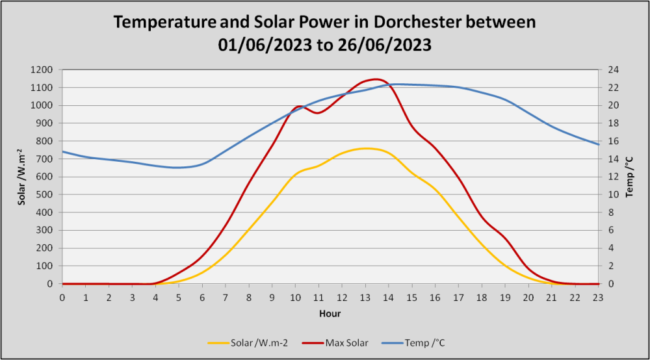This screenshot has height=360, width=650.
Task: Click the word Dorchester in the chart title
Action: click(x=417, y=22)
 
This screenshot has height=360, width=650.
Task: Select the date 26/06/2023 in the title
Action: click(x=384, y=45)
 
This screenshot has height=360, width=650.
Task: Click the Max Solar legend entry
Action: click(x=335, y=343)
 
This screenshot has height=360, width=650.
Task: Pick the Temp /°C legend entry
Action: click(x=413, y=343)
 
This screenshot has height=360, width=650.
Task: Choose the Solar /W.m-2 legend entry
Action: click(x=248, y=343)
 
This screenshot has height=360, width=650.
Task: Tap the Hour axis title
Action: click(x=330, y=314)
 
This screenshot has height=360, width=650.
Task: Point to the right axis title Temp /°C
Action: click(x=630, y=177)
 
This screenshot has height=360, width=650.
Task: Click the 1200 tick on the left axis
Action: click(x=42, y=70)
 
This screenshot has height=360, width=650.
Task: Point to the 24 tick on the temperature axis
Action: click(x=614, y=70)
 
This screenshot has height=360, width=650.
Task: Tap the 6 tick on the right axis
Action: click(x=611, y=230)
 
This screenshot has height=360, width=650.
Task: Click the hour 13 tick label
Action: click(x=365, y=298)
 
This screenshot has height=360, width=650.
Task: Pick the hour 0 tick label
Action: click(x=62, y=298)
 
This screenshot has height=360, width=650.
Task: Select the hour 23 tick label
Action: click(x=598, y=298)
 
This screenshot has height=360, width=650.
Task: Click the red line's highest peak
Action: click(x=376, y=79)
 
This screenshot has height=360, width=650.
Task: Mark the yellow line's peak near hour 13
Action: click(x=366, y=148)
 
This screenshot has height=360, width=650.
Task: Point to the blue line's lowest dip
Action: click(x=177, y=168)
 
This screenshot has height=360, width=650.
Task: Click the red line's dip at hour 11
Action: click(x=318, y=112)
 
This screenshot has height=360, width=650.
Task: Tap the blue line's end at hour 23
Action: click(x=598, y=144)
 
